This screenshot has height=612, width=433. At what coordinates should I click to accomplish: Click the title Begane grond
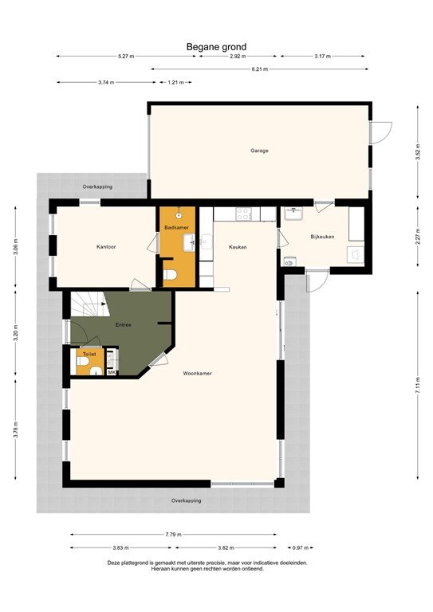pos(216,47)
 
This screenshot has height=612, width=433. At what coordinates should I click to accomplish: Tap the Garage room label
pos(258,150)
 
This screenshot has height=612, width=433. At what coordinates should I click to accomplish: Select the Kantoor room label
pos(106,247)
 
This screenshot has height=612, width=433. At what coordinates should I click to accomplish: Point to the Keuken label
pos(238,247)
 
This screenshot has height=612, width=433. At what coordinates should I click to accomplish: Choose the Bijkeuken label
pos(322,237)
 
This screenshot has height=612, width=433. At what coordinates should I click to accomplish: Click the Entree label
pos(123,324)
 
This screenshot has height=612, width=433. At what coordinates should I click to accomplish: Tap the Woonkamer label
pos(196,373)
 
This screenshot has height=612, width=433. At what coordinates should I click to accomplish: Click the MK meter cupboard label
pos(112,372)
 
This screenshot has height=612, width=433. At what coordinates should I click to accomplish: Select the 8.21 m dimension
pos(260,69)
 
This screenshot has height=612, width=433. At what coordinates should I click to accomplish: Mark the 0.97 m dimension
pos(298,548)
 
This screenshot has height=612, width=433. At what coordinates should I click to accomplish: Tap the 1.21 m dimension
pos(175,82)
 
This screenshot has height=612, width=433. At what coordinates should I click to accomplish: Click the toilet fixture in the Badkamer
pos(169,276)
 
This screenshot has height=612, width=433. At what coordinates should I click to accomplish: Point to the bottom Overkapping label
pos(187,500)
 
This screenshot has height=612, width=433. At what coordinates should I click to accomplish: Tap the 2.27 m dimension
pos(417,237)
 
